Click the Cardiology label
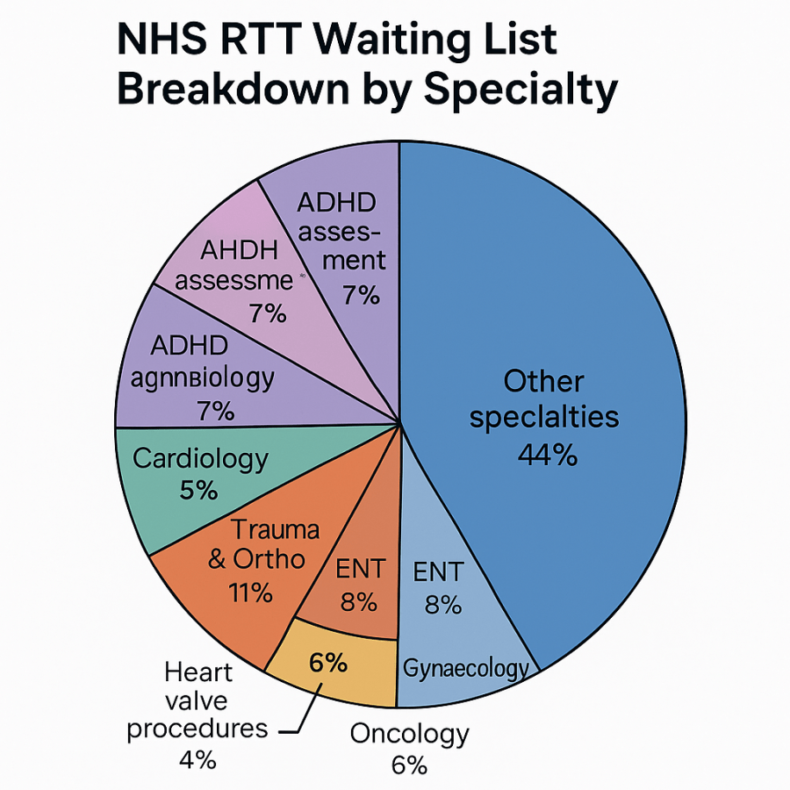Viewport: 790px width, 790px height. (x=199, y=458)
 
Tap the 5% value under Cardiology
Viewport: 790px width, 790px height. (x=198, y=490)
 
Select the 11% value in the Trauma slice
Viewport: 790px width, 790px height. (x=250, y=592)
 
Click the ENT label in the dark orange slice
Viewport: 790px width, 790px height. (x=360, y=569)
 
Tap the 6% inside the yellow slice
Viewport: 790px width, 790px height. (x=327, y=663)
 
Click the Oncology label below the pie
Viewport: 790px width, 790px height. (x=409, y=734)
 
